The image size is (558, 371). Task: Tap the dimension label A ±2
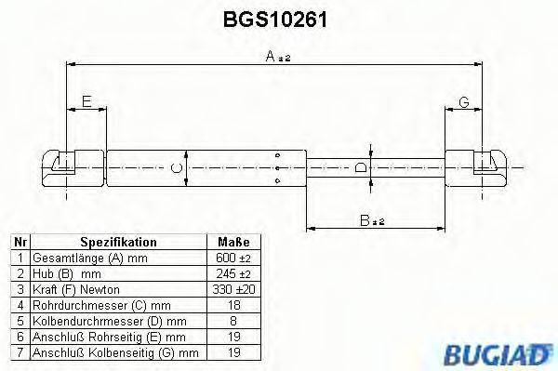point(278,57)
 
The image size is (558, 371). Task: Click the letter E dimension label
point(86,102)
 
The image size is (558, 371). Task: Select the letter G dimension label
point(463,102)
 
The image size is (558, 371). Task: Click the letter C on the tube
point(179,168)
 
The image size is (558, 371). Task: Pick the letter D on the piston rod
point(362,168)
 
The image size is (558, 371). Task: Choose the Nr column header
point(18,242)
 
